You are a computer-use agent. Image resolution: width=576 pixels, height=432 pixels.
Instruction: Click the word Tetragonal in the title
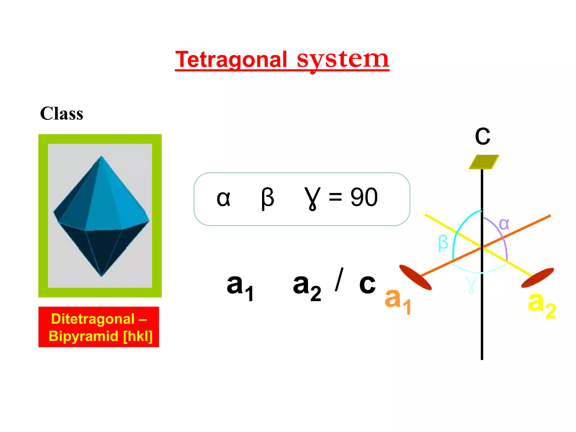[x=231, y=60]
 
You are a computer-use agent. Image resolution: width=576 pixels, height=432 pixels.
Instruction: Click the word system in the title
[x=343, y=60]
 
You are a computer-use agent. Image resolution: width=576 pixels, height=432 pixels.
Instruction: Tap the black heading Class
[x=62, y=114]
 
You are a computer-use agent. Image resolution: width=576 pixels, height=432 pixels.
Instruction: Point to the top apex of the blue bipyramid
[x=101, y=157]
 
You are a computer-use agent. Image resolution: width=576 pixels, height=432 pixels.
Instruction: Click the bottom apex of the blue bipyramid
[x=102, y=276]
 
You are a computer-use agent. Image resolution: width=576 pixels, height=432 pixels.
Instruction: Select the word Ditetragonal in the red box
[x=93, y=319]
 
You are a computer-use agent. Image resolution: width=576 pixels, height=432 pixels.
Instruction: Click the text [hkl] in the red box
[x=138, y=336]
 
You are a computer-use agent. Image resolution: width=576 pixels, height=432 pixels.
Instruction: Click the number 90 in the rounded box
[x=364, y=197]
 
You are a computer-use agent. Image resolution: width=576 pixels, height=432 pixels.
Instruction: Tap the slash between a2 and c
[x=339, y=280]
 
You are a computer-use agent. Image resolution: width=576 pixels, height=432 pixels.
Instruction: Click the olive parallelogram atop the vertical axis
[x=484, y=162]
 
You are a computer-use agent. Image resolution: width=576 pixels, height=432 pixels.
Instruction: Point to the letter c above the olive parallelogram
[x=482, y=136]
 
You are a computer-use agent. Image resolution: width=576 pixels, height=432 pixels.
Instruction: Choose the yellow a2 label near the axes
[x=542, y=304]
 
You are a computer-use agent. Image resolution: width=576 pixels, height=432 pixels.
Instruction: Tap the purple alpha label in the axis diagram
[x=504, y=224]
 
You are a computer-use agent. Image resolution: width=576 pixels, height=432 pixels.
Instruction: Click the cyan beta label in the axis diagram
[x=443, y=242]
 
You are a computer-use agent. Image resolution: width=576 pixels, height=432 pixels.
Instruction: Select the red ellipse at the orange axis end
[x=415, y=277]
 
